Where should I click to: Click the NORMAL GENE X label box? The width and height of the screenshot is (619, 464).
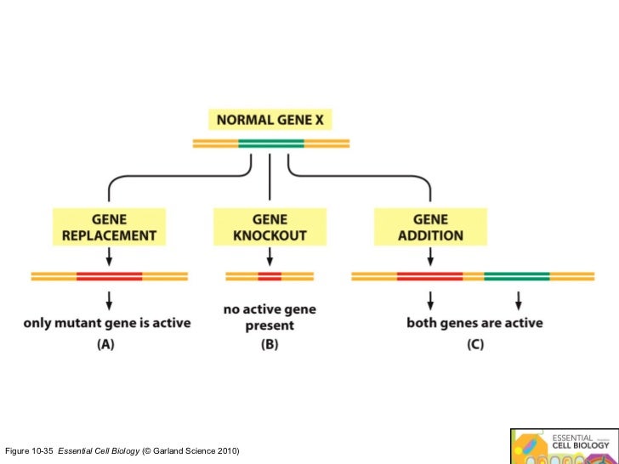[270, 120]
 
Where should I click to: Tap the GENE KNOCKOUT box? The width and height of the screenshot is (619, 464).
[270, 226]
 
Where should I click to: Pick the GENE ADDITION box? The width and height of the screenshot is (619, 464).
[430, 226]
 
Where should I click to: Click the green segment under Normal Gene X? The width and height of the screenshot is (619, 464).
[270, 143]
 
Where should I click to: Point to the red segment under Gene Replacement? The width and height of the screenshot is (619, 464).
[109, 276]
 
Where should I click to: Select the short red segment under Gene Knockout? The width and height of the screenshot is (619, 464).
[270, 276]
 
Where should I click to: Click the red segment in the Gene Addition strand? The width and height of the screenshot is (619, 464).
[429, 276]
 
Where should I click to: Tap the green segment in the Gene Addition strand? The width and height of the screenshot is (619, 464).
[517, 276]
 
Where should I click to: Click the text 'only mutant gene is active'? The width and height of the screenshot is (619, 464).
[107, 324]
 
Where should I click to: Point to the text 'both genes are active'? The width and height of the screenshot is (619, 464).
[474, 324]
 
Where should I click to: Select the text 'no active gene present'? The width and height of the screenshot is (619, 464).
[270, 317]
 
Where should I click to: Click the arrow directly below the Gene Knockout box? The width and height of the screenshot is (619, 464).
[270, 255]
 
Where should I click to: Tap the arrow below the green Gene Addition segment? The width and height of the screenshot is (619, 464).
[518, 299]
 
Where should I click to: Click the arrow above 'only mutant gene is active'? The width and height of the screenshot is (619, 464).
[109, 299]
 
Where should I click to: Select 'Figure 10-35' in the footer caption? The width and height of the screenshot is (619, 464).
[29, 449]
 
